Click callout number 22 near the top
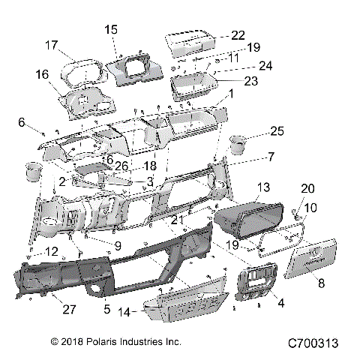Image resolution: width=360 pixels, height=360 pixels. click(238, 35)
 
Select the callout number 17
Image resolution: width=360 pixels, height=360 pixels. click(52, 45)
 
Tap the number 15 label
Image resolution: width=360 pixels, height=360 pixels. click(111, 29)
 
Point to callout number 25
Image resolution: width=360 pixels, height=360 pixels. click(276, 132)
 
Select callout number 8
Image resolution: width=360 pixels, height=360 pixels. click(322, 283)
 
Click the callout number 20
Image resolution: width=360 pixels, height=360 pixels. click(307, 188)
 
